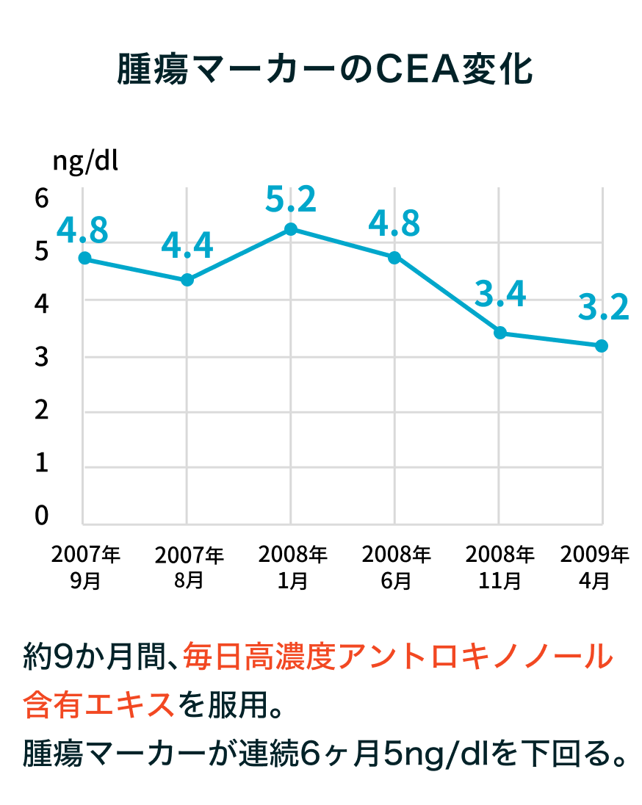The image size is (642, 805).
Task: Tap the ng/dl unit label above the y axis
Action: (84, 160)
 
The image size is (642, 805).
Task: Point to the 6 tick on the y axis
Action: (42, 198)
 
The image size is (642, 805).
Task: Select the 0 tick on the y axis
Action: (42, 516)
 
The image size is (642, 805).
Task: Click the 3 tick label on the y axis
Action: (42, 358)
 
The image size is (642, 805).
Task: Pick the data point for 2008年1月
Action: (291, 229)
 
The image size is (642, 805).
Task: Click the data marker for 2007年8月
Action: (187, 280)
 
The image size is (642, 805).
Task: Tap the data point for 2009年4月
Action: (602, 345)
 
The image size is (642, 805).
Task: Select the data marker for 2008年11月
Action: (499, 333)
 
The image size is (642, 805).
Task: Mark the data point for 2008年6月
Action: (394, 257)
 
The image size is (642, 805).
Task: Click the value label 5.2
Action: (291, 200)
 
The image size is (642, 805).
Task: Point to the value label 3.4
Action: (499, 295)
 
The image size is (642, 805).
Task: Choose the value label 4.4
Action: (187, 246)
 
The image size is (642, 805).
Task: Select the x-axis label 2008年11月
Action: (499, 567)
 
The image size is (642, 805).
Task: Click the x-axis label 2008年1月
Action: (292, 567)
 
